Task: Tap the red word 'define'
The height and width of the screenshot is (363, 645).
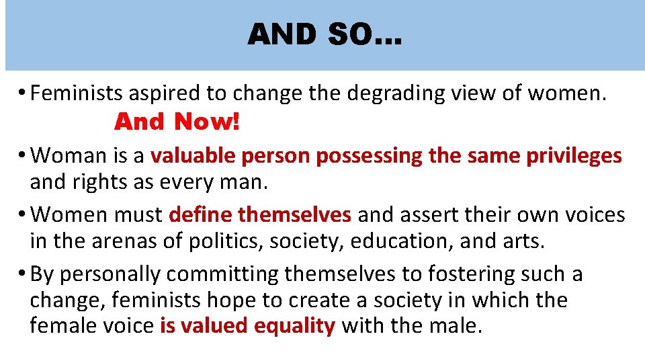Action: (200, 214)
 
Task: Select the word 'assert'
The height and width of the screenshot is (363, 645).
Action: (425, 214)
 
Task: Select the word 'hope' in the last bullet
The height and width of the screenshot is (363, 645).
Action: (234, 300)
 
